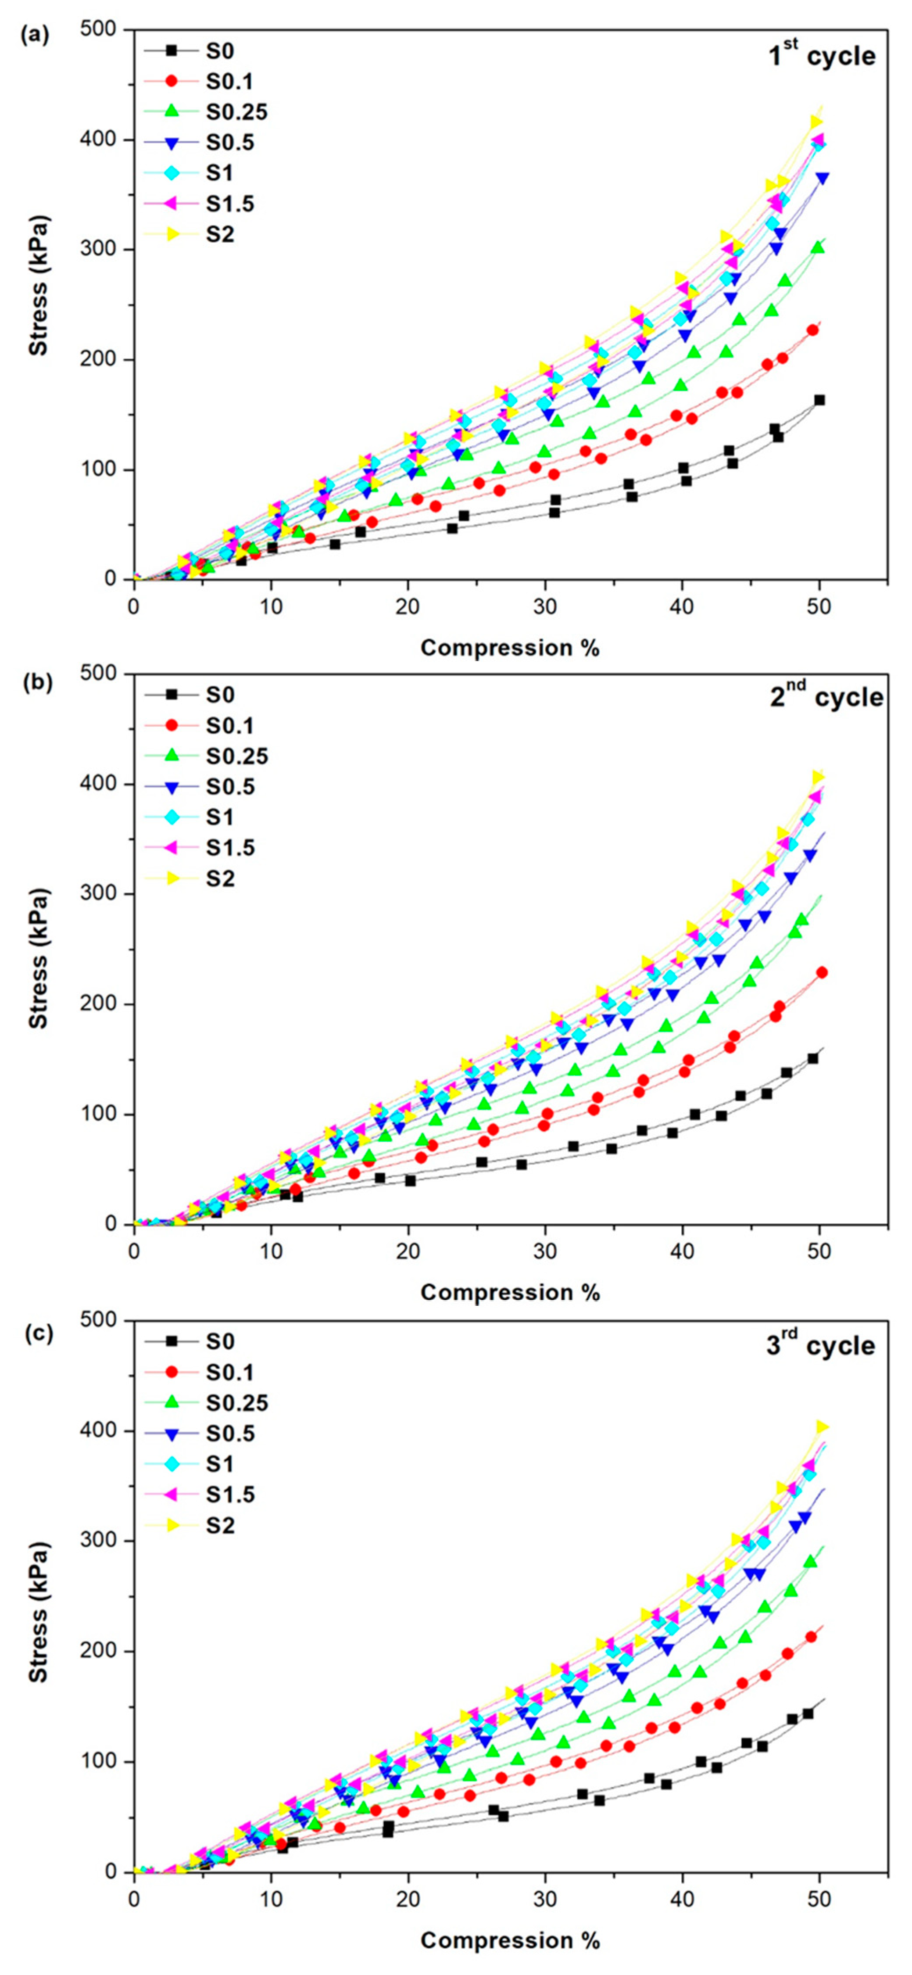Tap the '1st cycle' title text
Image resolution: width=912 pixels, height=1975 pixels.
click(x=822, y=55)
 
